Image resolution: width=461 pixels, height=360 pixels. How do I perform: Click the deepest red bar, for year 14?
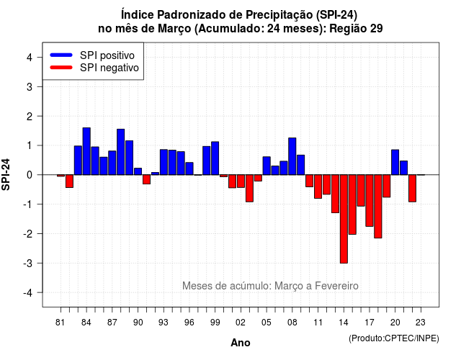click(344, 219)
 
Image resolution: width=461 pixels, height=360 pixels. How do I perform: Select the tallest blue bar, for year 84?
click(86, 151)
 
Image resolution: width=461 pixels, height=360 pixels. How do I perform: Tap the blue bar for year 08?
click(292, 156)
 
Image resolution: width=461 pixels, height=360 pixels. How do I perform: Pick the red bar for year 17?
click(370, 200)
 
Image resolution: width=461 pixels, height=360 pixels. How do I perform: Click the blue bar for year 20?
click(395, 162)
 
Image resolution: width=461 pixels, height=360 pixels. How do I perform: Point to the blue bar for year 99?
click(215, 158)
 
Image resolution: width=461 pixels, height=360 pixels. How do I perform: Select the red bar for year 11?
click(318, 186)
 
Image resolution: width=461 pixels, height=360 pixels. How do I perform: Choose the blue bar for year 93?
click(164, 162)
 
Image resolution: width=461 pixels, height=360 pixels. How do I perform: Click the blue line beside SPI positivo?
click(61, 55)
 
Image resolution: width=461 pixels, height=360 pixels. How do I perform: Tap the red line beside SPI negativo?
click(61, 67)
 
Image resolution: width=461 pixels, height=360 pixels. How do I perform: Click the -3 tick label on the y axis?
click(28, 264)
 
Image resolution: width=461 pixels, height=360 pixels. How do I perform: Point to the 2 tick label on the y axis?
click(30, 117)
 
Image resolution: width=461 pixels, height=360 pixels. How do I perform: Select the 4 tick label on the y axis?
click(30, 58)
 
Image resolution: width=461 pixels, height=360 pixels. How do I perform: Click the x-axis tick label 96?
click(189, 323)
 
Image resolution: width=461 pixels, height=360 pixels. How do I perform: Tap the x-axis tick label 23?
click(421, 323)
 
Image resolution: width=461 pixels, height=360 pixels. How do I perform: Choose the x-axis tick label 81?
click(60, 323)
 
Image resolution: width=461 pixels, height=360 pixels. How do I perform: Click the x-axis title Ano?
click(241, 343)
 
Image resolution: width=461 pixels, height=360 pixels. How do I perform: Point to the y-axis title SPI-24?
click(6, 174)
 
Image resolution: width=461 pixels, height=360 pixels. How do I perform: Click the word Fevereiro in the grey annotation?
click(336, 286)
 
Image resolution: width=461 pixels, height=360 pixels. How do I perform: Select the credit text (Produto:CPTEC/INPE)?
click(394, 338)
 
